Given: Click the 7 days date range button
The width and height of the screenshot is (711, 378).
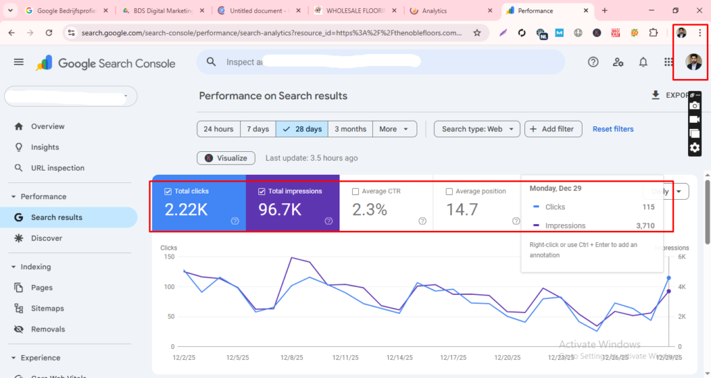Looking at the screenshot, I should pyautogui.click(x=258, y=129).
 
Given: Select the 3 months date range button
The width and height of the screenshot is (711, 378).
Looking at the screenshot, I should pyautogui.click(x=350, y=129).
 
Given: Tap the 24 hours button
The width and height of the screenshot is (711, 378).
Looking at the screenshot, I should pyautogui.click(x=219, y=129).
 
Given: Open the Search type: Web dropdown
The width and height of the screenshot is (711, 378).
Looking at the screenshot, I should pyautogui.click(x=477, y=129).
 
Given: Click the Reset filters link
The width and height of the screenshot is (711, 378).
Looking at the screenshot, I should pyautogui.click(x=613, y=129).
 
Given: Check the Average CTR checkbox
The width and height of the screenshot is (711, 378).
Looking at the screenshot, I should pyautogui.click(x=356, y=191).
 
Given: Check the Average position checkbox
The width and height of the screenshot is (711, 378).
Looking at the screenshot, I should pyautogui.click(x=449, y=191).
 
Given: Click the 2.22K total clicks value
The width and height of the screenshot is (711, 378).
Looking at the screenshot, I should pyautogui.click(x=186, y=209).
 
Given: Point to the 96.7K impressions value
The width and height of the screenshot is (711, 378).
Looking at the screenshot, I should pyautogui.click(x=280, y=209).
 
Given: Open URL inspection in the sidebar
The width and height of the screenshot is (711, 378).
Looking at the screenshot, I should pyautogui.click(x=58, y=168).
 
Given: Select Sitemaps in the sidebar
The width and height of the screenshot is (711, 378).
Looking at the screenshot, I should pyautogui.click(x=47, y=308).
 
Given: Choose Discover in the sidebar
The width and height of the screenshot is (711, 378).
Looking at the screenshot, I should pyautogui.click(x=47, y=238).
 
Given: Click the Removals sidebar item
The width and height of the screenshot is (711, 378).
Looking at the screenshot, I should pyautogui.click(x=48, y=329).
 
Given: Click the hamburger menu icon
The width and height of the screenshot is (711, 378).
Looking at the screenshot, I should pyautogui.click(x=19, y=62).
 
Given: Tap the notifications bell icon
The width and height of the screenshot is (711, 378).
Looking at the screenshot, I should pyautogui.click(x=643, y=62).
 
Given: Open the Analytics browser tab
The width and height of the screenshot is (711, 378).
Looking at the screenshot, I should pyautogui.click(x=435, y=11).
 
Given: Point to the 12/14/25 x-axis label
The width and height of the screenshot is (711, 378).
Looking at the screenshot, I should pyautogui.click(x=399, y=358).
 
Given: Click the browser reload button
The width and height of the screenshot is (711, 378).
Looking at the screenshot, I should pyautogui.click(x=49, y=33).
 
